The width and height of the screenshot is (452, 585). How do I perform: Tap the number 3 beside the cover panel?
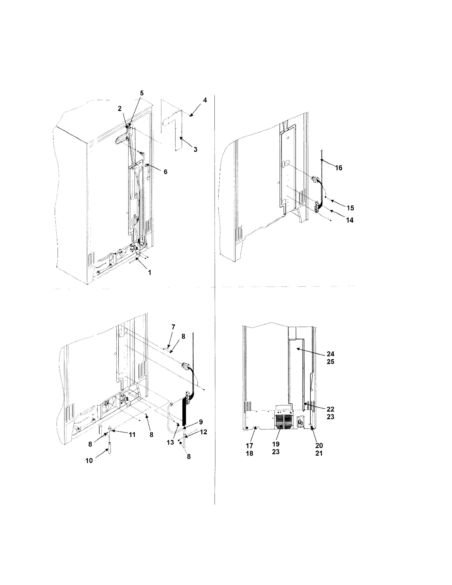coord(195,149)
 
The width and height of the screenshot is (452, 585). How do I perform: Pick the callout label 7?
coord(173,327)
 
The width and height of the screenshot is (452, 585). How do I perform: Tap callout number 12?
coord(204,432)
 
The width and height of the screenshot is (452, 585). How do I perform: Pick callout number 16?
coord(339,168)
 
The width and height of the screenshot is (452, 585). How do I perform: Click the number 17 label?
coord(249,446)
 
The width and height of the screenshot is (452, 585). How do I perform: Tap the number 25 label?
coord(330,362)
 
